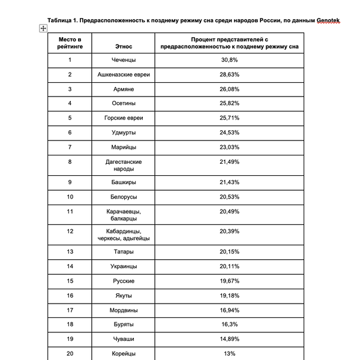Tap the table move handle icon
pyautogui.click(x=43, y=28)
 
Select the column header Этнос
pyautogui.click(x=123, y=46)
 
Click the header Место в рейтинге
pyautogui.click(x=70, y=43)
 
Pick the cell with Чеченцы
pyautogui.click(x=123, y=60)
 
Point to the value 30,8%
pyautogui.click(x=230, y=60)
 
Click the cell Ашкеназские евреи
pyautogui.click(x=123, y=74)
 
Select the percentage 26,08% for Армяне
pyautogui.click(x=230, y=89)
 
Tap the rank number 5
pyautogui.click(x=70, y=118)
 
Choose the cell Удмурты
pyautogui.click(x=123, y=132)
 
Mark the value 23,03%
pyautogui.click(x=230, y=147)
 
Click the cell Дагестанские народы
pyautogui.click(x=123, y=166)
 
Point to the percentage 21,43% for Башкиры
pyautogui.click(x=230, y=182)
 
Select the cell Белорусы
pyautogui.click(x=123, y=196)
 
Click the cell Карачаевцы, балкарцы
pyautogui.click(x=123, y=215)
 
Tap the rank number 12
pyautogui.click(x=70, y=231)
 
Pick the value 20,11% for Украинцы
pyautogui.click(x=230, y=266)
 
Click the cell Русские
pyautogui.click(x=123, y=281)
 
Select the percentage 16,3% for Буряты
pyautogui.click(x=230, y=325)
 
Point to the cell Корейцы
pyautogui.click(x=123, y=353)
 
